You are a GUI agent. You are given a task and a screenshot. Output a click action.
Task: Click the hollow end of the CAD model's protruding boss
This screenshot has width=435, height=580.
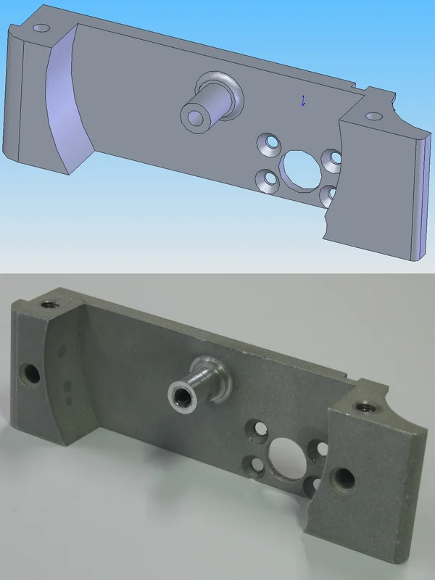(x=194, y=117)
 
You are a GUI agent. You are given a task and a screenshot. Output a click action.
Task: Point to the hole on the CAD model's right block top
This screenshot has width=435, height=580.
(x=373, y=116)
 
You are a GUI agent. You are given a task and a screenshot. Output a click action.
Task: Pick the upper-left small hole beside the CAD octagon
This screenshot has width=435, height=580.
(x=270, y=143)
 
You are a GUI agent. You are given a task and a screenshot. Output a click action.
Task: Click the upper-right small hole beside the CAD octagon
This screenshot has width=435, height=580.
(x=333, y=157)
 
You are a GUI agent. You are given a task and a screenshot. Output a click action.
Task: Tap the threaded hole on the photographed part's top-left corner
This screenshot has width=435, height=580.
(x=51, y=304)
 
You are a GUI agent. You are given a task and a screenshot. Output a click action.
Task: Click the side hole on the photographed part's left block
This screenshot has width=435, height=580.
(x=31, y=374)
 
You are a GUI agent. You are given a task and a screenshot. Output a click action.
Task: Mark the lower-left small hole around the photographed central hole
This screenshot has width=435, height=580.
(x=253, y=465)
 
